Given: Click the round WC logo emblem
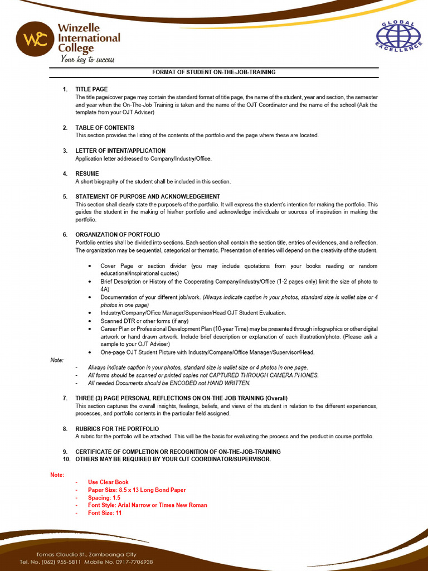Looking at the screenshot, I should coord(36,40).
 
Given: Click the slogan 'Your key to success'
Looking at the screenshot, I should coord(87,60).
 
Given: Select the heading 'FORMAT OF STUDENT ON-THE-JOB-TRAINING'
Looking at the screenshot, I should coord(214,72).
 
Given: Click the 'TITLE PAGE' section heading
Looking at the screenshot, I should coord(91,89).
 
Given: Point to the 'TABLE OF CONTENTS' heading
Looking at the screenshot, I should coord(105,128).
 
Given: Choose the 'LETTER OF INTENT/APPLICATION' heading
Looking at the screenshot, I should coord(120,151).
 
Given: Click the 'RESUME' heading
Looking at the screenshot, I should coord(87,173).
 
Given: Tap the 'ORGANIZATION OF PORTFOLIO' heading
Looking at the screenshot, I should coord(118,235).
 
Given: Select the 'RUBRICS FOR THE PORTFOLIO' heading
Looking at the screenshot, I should coord(117,429).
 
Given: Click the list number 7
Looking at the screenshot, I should coord(65,398).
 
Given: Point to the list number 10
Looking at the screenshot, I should coord(66,459).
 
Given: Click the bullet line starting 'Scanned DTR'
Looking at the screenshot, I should coord(144,321).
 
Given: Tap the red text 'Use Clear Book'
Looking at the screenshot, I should coord(108,482).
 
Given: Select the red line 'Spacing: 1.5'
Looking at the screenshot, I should coord(104,497).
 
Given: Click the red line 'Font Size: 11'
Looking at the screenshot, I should coord(105,513).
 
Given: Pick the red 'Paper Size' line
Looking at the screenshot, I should coord(137,490).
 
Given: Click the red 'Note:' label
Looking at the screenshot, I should coord(57,475).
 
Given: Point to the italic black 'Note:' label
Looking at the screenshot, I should coord(57,360).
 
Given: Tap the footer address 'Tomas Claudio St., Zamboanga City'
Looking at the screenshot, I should coord(86,554).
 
